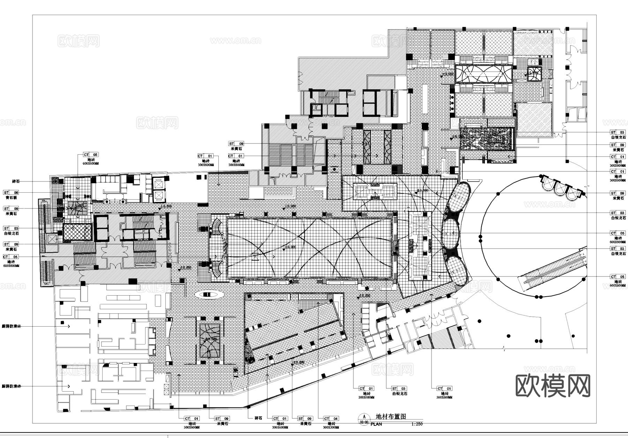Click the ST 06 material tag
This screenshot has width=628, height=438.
(11, 193)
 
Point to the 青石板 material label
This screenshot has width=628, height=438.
(11, 198)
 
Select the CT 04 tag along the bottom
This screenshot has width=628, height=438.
(331, 418)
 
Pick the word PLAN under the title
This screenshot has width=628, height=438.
(376, 424)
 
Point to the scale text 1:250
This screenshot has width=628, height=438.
(417, 424)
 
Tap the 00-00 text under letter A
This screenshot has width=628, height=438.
(364, 422)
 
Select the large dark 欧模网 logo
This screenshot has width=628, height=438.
(553, 386)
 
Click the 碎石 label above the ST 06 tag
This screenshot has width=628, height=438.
(16, 181)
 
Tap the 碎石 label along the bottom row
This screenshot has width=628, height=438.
(258, 418)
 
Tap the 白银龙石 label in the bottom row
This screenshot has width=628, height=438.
(399, 394)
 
